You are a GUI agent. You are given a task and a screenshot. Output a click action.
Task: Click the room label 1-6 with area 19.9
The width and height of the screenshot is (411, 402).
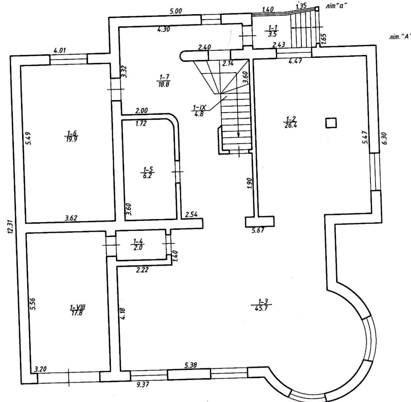[71, 136]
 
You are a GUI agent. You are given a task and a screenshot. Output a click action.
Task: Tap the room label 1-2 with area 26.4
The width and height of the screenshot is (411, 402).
[290, 122]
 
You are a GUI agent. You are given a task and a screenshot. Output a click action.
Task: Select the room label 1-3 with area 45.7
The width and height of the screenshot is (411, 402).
[261, 305]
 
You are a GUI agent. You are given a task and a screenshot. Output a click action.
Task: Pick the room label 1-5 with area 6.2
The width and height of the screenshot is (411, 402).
[148, 172]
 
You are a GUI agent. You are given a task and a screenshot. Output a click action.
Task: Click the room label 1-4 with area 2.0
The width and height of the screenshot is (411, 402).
[138, 244]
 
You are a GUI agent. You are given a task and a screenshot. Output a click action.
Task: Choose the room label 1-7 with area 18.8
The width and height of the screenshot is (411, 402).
[164, 81]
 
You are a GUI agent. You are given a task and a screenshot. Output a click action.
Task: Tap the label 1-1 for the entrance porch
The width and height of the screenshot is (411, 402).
[272, 30]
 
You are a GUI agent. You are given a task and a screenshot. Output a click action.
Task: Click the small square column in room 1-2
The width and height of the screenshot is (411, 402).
[331, 123]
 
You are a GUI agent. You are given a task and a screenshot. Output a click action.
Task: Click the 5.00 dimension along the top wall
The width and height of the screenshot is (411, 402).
[176, 11]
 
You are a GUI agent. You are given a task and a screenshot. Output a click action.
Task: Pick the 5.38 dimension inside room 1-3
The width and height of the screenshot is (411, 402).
[190, 365]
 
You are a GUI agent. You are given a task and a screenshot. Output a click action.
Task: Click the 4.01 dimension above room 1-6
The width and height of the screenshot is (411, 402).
[59, 50]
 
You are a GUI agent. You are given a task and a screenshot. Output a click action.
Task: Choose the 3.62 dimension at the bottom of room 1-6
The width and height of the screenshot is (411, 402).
[71, 218]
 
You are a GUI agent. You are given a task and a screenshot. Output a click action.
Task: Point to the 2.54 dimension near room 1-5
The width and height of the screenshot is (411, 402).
[191, 215]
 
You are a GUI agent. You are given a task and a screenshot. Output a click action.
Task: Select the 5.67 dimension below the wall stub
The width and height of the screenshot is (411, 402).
[258, 230]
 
